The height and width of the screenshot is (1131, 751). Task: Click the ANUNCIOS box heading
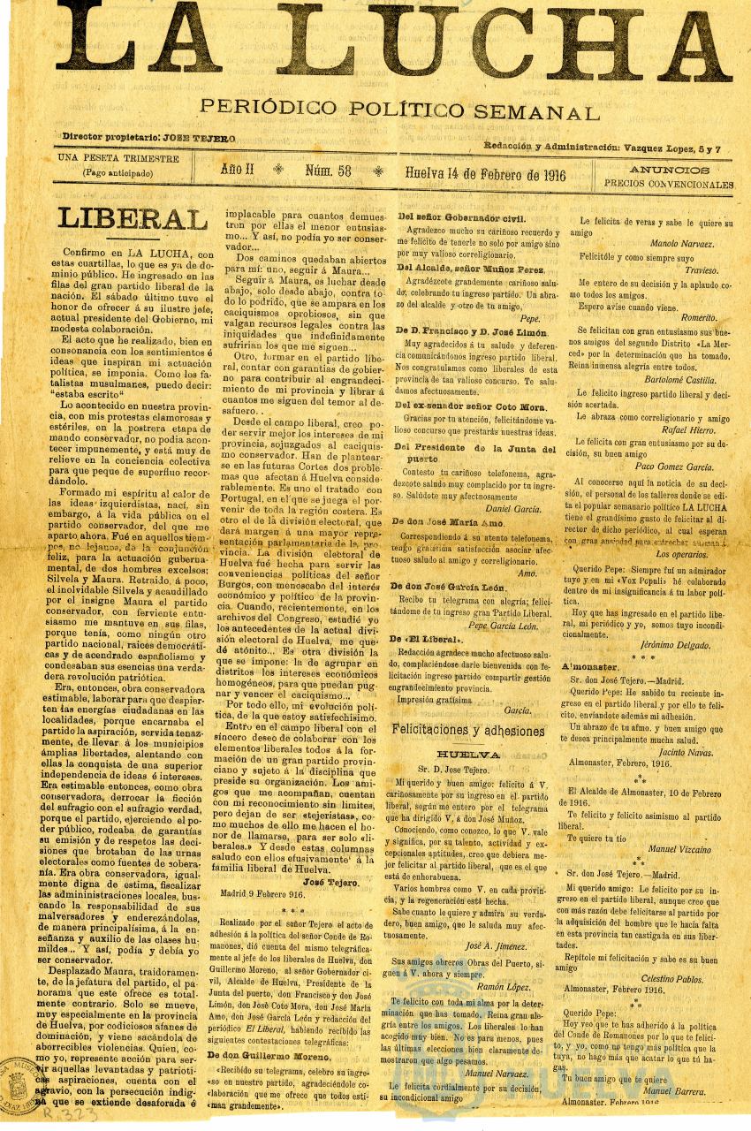pos(668,170)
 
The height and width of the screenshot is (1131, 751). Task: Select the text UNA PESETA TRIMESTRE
pos(118,159)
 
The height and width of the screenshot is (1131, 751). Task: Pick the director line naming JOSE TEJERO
pos(148,138)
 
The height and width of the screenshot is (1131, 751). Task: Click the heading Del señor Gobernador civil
pos(460,217)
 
